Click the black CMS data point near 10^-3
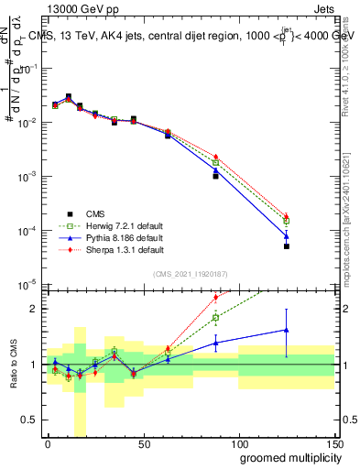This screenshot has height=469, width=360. pos(215,175)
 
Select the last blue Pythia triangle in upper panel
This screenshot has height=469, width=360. pos(287,235)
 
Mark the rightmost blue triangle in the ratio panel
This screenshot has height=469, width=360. pos(287,330)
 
